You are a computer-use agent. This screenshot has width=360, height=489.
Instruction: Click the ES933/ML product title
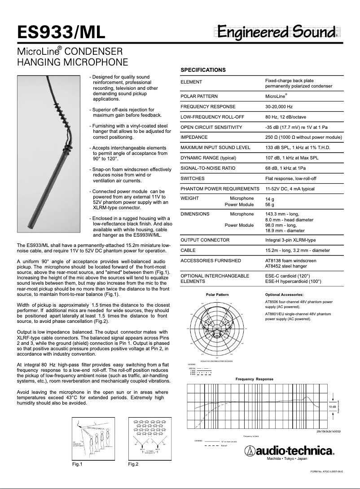pos(61,32)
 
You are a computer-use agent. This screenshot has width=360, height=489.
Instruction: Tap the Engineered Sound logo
pos(277,32)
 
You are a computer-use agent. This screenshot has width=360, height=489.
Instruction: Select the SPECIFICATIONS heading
pos(203,70)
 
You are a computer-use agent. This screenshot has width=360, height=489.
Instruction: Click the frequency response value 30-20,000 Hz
pos(279,106)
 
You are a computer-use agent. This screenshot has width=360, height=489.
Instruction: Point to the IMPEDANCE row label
pos(194,137)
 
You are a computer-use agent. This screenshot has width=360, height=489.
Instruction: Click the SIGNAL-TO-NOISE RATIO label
pos(208,168)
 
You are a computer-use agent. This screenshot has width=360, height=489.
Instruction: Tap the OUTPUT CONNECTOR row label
pos(205,240)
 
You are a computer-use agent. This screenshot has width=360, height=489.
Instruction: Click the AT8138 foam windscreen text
pos(291,260)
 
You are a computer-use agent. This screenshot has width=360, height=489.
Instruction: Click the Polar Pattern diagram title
pos(217,295)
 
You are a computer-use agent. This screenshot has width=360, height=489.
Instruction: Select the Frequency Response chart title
pos(255,379)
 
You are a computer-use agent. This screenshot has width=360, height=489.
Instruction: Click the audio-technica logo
pos(290,451)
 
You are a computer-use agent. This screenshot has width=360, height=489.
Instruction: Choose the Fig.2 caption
pos(133,463)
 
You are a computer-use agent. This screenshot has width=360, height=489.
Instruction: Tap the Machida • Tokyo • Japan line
pos(287,459)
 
